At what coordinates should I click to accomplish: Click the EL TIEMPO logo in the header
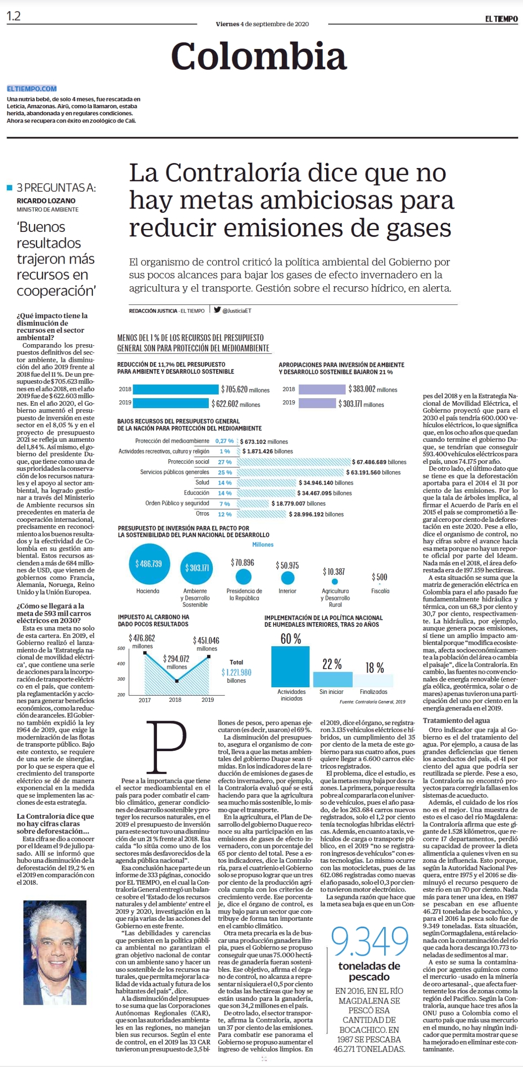click(x=502, y=19)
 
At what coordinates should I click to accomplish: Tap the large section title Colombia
click(x=259, y=56)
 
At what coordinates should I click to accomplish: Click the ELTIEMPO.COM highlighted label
click(x=32, y=89)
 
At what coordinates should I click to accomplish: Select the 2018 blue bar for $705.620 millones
click(x=175, y=389)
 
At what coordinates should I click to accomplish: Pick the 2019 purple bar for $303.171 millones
click(x=317, y=403)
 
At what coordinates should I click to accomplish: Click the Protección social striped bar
click(x=294, y=462)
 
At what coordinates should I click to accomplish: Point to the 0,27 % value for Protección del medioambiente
click(x=224, y=441)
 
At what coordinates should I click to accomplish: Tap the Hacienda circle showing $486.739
click(x=149, y=564)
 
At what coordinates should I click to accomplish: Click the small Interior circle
click(x=287, y=578)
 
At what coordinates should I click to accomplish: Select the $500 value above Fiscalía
click(x=379, y=577)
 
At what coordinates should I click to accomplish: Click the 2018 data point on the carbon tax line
click(x=177, y=681)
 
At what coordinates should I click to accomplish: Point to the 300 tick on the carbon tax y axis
click(x=121, y=679)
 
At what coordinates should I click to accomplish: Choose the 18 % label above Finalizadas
click(x=374, y=668)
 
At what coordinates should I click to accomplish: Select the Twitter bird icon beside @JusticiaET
click(x=217, y=309)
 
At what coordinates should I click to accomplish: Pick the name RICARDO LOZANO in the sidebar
click(x=46, y=201)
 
